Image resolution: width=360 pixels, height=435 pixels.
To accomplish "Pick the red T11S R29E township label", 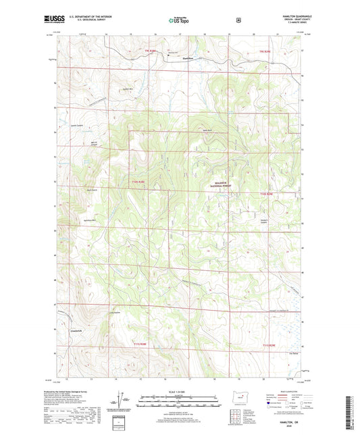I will tap(269, 345).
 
